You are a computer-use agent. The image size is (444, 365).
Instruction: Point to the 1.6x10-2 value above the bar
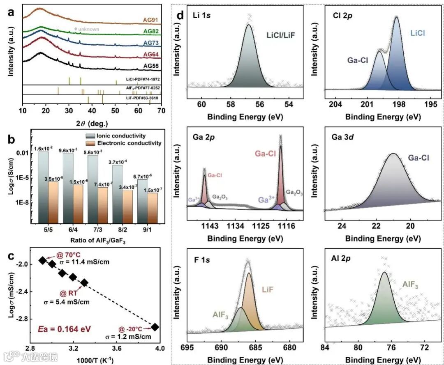coord(43,149)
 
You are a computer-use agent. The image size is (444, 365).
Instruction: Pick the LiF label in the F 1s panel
coord(268,289)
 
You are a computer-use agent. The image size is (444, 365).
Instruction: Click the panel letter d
coord(180,16)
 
